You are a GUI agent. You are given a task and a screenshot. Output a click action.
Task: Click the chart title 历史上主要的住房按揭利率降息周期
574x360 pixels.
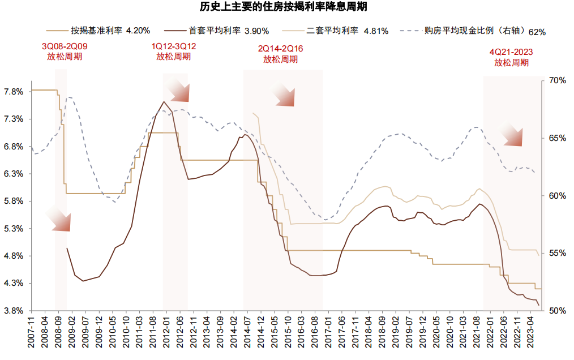click(286, 8)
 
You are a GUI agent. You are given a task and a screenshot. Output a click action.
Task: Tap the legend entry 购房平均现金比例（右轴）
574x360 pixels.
click(473, 31)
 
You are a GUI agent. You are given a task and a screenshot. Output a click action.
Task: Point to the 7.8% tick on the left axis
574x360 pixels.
click(14, 92)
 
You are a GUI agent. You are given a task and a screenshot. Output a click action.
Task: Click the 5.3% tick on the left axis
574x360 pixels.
click(14, 229)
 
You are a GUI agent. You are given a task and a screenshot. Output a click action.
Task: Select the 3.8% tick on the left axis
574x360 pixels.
click(14, 311)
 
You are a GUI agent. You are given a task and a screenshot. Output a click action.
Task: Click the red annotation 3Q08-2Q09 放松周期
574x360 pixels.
click(65, 51)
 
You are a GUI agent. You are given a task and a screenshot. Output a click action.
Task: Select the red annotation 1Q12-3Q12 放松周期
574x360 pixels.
click(174, 51)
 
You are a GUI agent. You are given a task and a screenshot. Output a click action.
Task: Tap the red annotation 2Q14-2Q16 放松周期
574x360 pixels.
click(280, 54)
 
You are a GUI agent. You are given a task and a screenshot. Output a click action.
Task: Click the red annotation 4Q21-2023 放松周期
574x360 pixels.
click(511, 57)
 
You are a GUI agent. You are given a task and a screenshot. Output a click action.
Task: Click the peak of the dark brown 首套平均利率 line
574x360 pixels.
click(164, 102)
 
